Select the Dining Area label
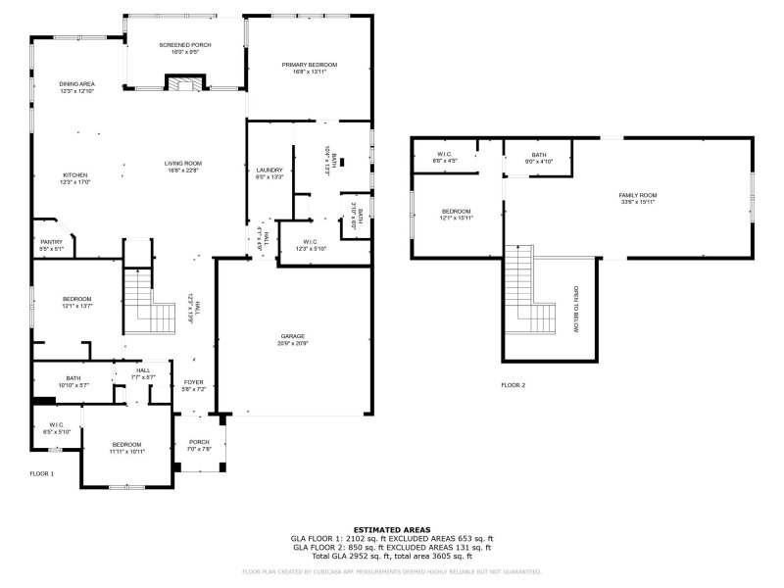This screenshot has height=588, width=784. point(76,84)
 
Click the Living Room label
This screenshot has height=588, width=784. point(182,164)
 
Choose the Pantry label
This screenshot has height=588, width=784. point(50,242)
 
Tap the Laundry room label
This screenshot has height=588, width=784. point(269,170)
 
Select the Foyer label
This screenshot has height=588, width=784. point(193,382)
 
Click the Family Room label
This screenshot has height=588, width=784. point(637,196)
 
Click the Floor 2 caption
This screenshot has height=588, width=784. point(513,385)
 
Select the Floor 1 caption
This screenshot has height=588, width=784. point(41,473)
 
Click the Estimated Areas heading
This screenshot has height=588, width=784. point(391,529)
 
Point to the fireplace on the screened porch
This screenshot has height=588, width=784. point(184,85)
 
